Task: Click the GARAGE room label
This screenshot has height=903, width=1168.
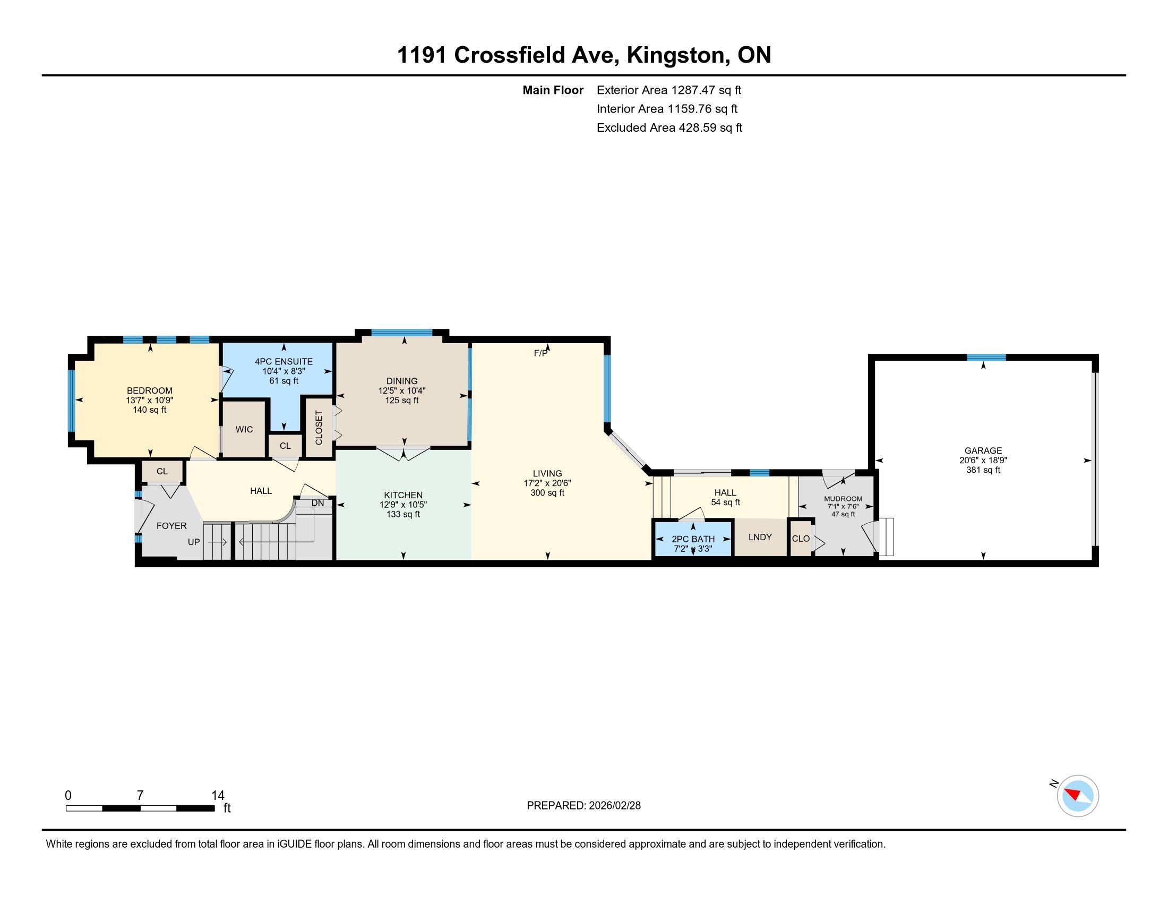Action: click(x=983, y=450)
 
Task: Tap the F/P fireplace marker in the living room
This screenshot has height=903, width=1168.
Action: click(x=540, y=353)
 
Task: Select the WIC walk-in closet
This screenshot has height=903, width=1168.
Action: click(x=244, y=430)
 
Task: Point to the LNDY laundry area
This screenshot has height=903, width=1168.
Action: click(x=760, y=537)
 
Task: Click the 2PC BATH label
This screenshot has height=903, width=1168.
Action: click(x=693, y=539)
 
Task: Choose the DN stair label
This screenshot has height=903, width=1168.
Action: click(x=317, y=503)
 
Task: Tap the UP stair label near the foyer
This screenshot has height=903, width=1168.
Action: click(x=194, y=542)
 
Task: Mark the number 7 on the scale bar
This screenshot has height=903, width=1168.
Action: click(x=140, y=796)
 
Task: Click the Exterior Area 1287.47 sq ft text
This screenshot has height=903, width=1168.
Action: click(x=669, y=90)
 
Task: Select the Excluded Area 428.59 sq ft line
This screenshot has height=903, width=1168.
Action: click(x=669, y=127)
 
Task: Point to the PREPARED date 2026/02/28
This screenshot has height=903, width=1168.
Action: click(x=583, y=806)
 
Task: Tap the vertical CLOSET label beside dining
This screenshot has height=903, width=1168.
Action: click(x=319, y=428)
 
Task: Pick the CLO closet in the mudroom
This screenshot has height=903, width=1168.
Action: click(x=801, y=539)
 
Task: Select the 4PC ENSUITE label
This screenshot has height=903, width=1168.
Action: click(x=284, y=362)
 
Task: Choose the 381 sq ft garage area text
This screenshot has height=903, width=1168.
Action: click(x=983, y=470)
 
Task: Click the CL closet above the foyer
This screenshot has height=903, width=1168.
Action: click(x=162, y=471)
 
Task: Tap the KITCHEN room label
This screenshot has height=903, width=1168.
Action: click(x=403, y=496)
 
